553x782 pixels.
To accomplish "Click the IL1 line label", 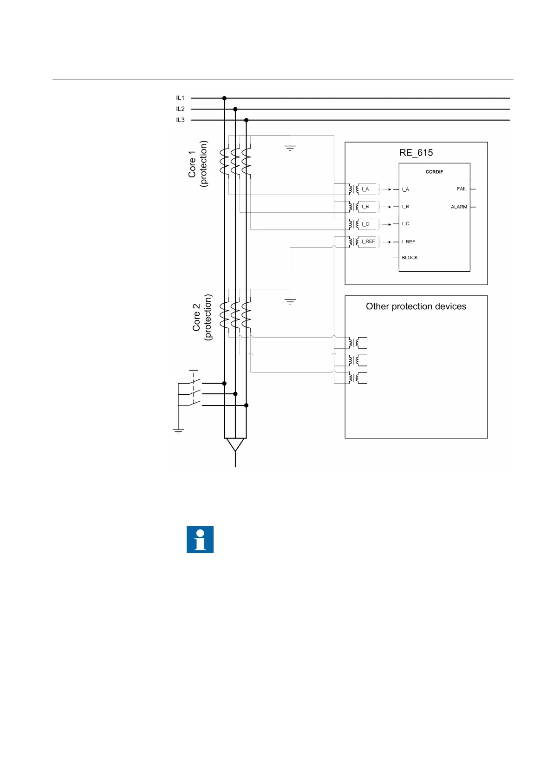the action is [180, 98].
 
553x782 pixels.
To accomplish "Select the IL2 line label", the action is [180, 109].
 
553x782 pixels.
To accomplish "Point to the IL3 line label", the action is [180, 120].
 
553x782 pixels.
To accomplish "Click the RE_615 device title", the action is [416, 153].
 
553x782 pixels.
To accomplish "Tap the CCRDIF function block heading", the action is [434, 172].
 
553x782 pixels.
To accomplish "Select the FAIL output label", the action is [462, 189].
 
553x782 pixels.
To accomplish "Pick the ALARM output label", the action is [459, 207].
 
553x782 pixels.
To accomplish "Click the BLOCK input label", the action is [410, 258].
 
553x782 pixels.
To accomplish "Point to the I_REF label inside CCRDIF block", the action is [409, 242].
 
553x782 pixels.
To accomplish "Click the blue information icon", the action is [200, 540].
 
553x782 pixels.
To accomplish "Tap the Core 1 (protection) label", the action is [198, 164].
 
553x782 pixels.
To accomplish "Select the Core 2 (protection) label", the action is [202, 318].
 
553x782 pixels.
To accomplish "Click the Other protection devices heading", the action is [416, 306].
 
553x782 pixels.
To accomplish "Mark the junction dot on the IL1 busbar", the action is [224, 98].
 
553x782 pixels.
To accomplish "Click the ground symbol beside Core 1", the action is [290, 148].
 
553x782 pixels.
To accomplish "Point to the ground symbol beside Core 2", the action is [290, 302].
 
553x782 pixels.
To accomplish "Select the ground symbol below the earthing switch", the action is [178, 431].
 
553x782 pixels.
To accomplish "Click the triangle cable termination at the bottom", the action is [235, 445].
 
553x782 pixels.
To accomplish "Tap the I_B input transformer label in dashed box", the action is [365, 207].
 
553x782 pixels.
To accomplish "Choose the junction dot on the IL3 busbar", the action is [246, 120].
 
